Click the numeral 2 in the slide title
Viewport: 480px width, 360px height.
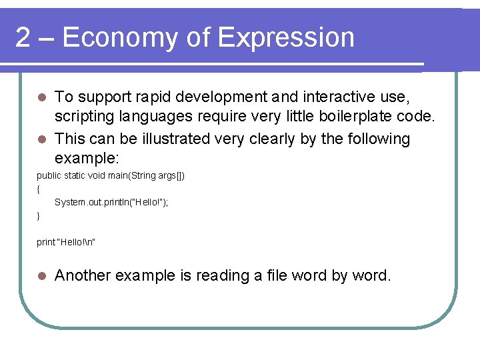23,38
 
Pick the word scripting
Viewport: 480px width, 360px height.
84,117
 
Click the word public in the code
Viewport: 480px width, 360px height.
49,175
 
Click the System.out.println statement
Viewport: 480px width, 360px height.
111,201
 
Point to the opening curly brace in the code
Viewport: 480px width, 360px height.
39,188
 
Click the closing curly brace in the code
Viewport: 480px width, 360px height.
39,215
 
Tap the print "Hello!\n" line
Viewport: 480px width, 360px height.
66,241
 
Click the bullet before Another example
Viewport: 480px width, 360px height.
41,275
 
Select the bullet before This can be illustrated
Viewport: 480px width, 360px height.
41,139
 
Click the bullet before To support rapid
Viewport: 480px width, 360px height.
41,97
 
